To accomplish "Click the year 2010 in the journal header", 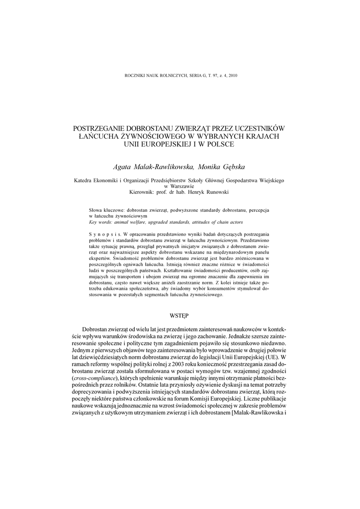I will click(x=233, y=76).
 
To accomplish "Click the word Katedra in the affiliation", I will click(x=85, y=181).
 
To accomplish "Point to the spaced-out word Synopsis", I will click(x=103, y=234).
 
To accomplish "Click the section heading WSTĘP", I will click(x=180, y=315).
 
